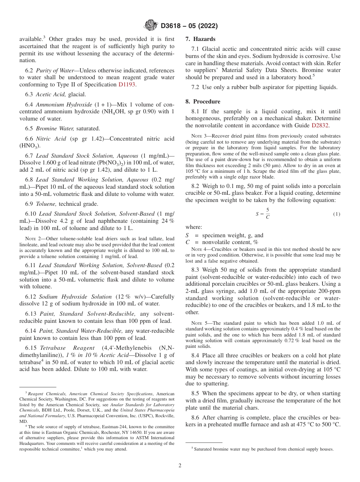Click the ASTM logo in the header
coord(151,26)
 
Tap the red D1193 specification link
coord(127,85)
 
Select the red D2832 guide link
coord(321,125)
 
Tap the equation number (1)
coord(337,214)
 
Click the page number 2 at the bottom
coord(180,465)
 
